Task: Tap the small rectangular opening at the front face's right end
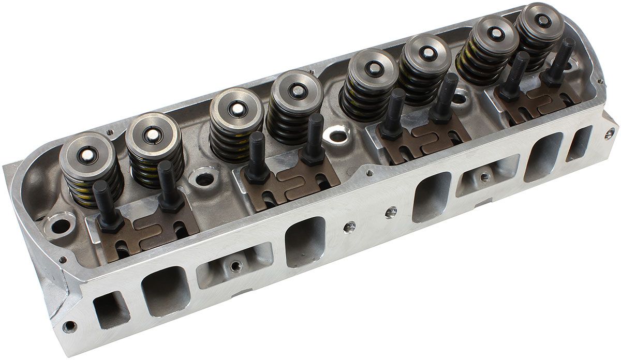click(x=579, y=143)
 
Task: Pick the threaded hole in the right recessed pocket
click(x=484, y=177)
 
